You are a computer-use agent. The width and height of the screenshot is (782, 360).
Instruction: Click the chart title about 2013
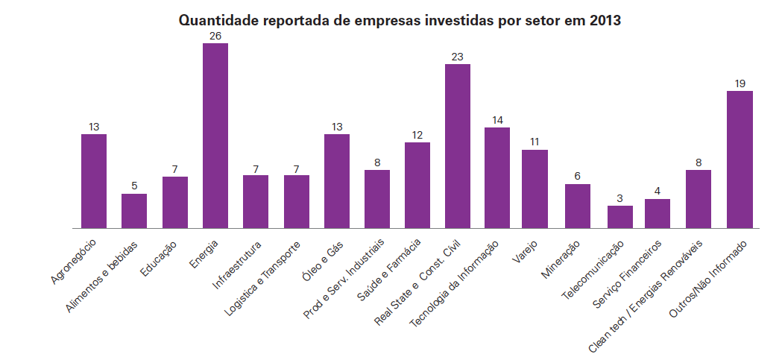tap(400, 20)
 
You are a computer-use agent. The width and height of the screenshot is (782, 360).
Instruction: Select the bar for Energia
tap(215, 136)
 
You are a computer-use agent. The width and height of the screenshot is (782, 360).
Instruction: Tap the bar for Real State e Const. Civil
tap(458, 146)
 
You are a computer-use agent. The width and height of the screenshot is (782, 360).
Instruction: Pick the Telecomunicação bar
tap(619, 217)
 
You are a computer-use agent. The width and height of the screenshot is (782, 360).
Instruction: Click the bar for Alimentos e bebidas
tap(134, 211)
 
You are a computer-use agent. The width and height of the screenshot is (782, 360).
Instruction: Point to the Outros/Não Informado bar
tap(740, 160)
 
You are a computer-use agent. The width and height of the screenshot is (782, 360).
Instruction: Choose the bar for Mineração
tap(578, 206)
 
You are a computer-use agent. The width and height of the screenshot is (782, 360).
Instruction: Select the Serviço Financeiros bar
tap(658, 213)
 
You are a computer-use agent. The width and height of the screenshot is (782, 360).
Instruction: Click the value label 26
tap(215, 36)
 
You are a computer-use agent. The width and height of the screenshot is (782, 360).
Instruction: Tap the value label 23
tap(458, 57)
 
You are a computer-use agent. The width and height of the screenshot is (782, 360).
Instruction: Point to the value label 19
tap(740, 83)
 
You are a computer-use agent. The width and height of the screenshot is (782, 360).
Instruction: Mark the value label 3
tap(619, 198)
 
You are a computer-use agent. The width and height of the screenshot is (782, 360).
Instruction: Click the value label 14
tap(497, 120)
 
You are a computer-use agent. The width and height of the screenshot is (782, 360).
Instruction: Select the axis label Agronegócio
tap(73, 262)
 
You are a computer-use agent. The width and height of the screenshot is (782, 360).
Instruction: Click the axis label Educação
tap(158, 258)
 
